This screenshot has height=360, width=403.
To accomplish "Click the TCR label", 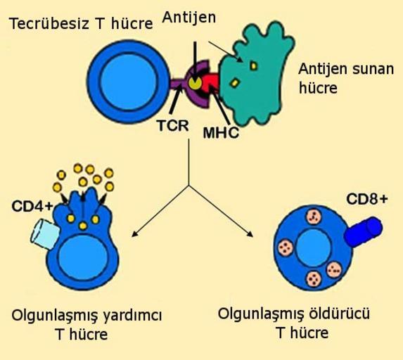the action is [173, 126].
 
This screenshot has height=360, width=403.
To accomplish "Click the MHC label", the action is [221, 133].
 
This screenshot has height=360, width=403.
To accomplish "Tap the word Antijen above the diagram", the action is [189, 18].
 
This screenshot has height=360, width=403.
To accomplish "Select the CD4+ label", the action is [32, 205].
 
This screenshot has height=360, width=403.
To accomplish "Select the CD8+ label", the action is [366, 198].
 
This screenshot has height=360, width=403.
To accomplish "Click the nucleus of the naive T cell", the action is [129, 82].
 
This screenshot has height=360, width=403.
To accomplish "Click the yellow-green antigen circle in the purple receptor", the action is [195, 82].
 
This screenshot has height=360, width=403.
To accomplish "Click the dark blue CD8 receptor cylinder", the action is [363, 231].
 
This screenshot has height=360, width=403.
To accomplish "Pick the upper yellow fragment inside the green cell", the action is [253, 66].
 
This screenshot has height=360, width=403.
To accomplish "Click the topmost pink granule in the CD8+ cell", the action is [314, 217].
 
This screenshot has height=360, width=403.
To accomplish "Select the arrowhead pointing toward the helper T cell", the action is [134, 233].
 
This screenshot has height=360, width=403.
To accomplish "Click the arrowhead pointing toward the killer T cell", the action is [250, 234].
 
